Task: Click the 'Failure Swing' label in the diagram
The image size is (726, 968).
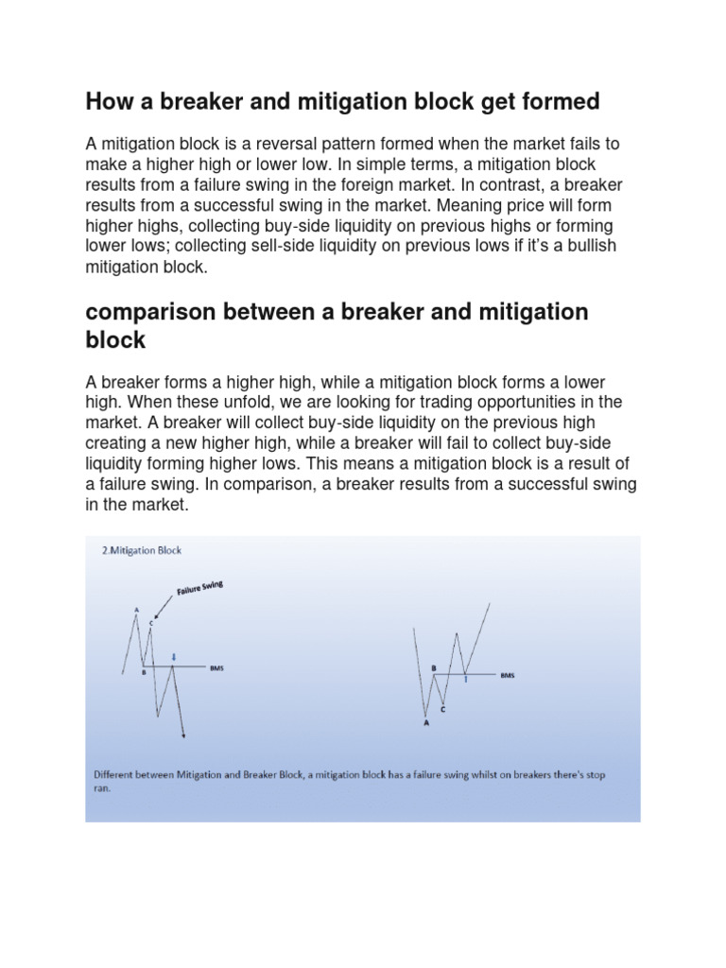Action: [x=199, y=590]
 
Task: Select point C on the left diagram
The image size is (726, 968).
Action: [x=151, y=622]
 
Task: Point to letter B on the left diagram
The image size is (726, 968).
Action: [x=143, y=672]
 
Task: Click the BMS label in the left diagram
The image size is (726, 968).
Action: [x=216, y=667]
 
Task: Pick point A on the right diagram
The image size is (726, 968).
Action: [x=425, y=724]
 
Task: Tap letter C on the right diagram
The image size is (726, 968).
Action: [x=443, y=708]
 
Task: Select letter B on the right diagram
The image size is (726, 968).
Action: [x=433, y=667]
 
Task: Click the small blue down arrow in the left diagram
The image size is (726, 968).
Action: [x=173, y=657]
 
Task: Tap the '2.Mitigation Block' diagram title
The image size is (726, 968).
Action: [x=141, y=549]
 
